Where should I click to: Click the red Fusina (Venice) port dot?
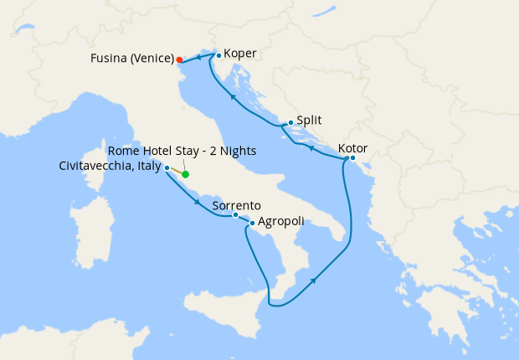coord(179,59)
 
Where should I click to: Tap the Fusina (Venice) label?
coord(132,59)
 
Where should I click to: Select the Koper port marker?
coord(218,56)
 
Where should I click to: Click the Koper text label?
coord(240,54)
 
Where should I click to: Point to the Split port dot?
coord(290,123)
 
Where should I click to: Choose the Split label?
coord(310,120)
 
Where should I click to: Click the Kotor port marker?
coord(352,158)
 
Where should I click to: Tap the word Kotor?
coord(352,149)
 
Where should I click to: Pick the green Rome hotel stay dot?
coord(185,174)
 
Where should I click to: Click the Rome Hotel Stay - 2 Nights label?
coord(182,151)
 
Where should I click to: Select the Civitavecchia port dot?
coord(167,168)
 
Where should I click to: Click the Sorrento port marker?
coord(235,215)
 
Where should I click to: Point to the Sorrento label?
coord(237,205)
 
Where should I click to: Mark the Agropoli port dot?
coord(252,224)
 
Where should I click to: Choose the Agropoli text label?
coord(280,222)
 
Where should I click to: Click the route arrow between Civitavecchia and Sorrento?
coord(197,201)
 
